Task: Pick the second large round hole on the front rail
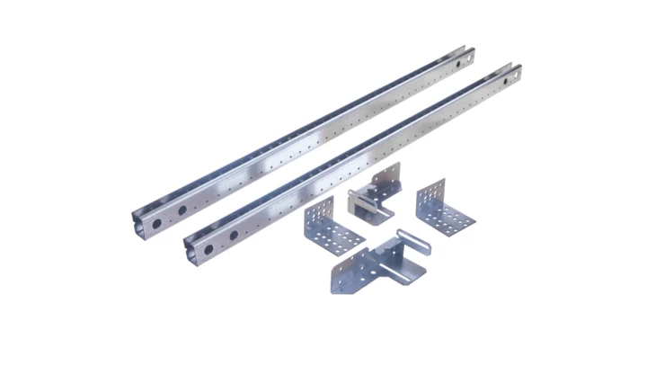[x=233, y=235]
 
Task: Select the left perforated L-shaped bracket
[x=332, y=228]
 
